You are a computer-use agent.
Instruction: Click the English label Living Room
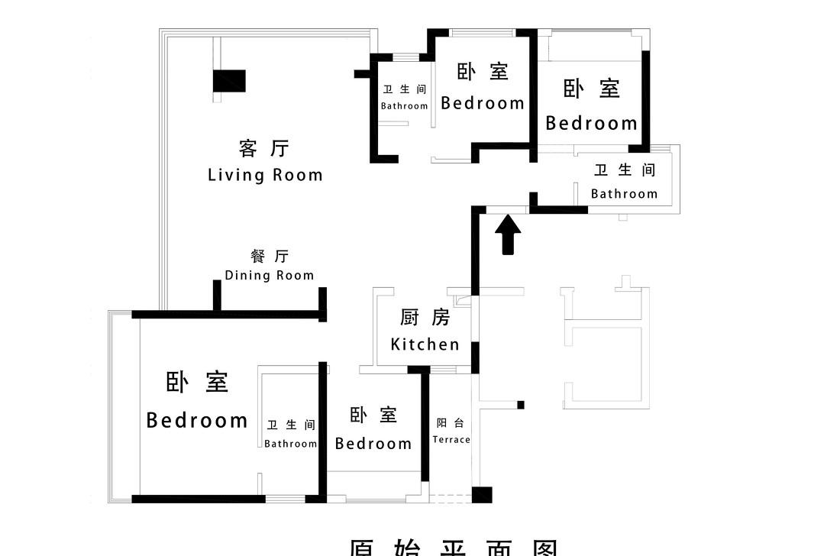click(265, 175)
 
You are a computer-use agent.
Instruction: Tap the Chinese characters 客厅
click(264, 147)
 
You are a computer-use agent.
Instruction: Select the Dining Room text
click(269, 275)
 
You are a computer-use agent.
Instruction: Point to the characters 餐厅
click(270, 256)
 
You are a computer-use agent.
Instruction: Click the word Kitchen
click(425, 344)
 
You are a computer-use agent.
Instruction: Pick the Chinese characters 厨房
click(425, 317)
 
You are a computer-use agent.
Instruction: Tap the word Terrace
click(451, 439)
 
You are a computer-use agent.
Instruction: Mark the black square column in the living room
click(229, 81)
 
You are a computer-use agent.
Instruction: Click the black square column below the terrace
click(482, 494)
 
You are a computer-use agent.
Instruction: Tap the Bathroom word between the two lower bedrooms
click(290, 444)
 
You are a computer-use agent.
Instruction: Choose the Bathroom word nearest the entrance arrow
click(624, 194)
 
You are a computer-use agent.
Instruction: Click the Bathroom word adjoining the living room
click(404, 106)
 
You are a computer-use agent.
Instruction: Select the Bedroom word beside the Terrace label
click(373, 443)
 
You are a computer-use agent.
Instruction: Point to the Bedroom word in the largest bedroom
click(197, 420)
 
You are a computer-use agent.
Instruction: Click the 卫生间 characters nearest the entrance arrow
click(625, 170)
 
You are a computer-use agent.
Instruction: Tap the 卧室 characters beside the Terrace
click(373, 415)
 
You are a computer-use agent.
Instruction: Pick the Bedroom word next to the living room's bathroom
click(483, 102)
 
